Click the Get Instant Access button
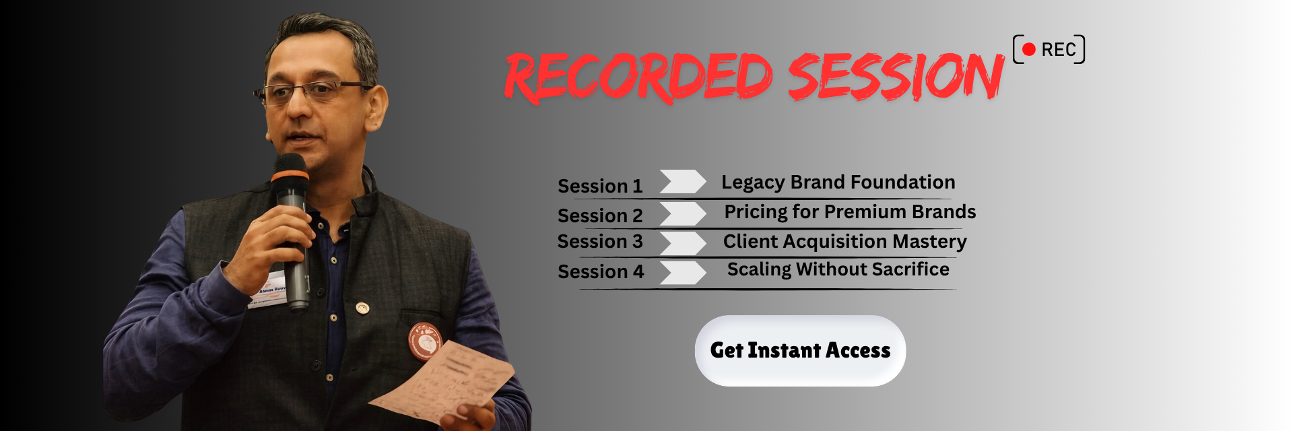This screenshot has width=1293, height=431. [x=800, y=350]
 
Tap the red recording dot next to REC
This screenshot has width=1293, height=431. [x=1028, y=49]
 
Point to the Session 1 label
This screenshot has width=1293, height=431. [x=600, y=186]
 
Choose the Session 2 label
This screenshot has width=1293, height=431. [x=600, y=215]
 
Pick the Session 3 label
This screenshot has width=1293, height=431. [x=600, y=241]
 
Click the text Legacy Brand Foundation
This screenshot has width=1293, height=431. [x=838, y=182]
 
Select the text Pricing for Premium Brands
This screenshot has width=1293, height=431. [x=850, y=211]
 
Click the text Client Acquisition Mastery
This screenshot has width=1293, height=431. [x=844, y=241]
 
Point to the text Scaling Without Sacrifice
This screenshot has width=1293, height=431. [x=838, y=269]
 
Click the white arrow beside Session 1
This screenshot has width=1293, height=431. [x=682, y=181]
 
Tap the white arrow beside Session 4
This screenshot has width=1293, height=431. [x=682, y=272]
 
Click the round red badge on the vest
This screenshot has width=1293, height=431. [x=424, y=341]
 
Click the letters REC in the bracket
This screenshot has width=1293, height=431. [x=1059, y=50]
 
